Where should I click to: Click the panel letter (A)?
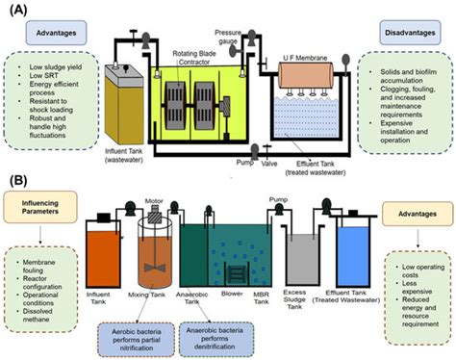pyautogui.click(x=18, y=13)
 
